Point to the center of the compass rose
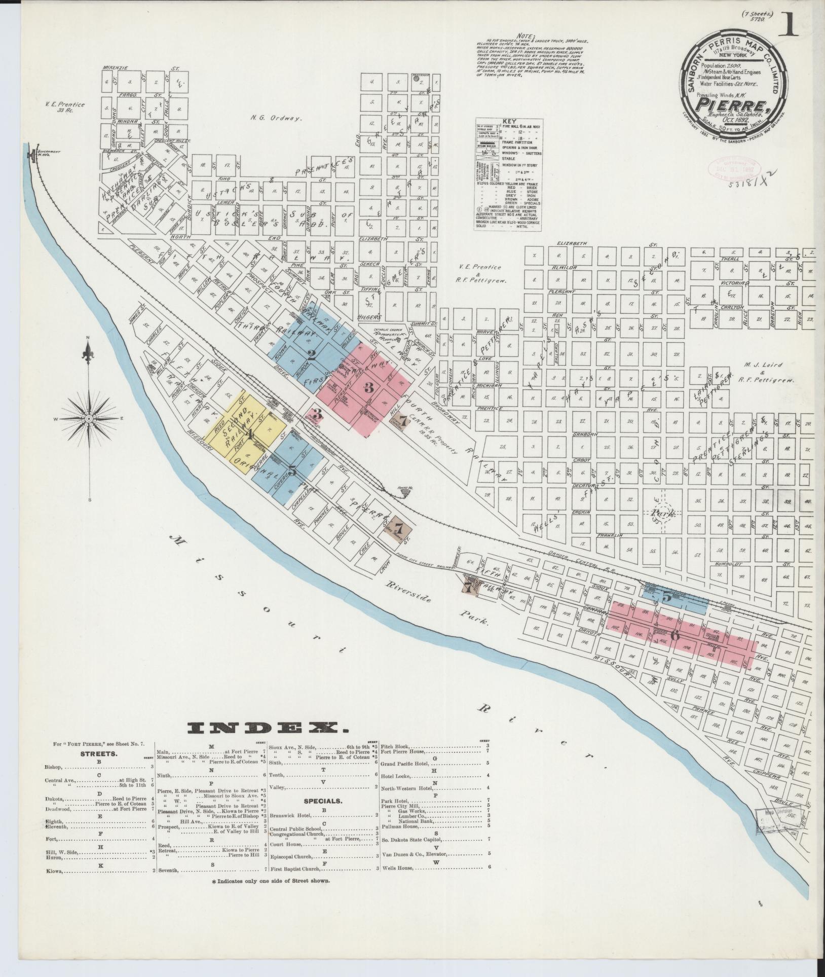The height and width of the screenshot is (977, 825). point(89,419)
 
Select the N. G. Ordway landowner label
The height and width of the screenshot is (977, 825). point(276,118)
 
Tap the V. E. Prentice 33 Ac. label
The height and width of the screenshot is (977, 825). point(64,107)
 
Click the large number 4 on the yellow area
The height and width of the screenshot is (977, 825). point(249,434)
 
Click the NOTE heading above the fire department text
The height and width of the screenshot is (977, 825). point(524,36)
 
